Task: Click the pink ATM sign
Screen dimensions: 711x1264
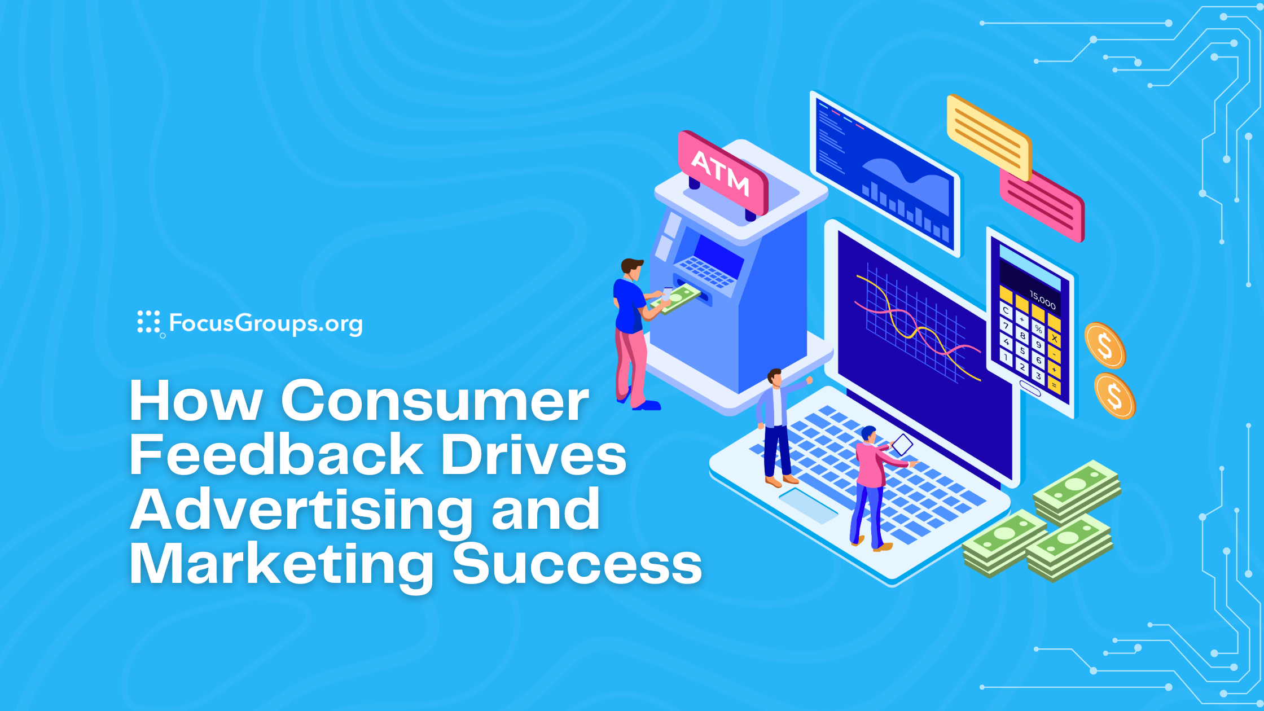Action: click(x=722, y=172)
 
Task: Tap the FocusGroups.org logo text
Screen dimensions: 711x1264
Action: click(x=265, y=323)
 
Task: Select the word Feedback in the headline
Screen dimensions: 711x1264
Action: click(x=276, y=455)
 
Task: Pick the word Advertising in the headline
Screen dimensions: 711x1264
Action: click(x=302, y=510)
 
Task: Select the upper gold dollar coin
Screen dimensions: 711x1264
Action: click(x=1105, y=345)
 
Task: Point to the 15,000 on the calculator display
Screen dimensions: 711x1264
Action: click(x=1042, y=300)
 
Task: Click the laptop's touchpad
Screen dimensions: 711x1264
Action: click(x=808, y=506)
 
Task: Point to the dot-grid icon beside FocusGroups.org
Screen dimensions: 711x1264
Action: click(x=149, y=322)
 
